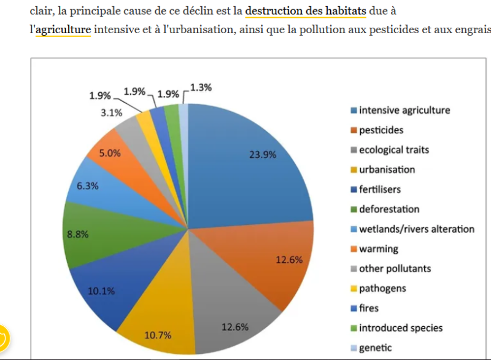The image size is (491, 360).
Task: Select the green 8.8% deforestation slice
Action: [x=92, y=233]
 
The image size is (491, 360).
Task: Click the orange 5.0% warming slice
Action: [x=110, y=154]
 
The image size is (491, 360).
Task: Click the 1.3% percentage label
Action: [x=201, y=87]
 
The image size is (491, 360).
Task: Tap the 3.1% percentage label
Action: [x=112, y=112]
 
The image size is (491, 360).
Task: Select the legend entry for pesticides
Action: [x=381, y=130]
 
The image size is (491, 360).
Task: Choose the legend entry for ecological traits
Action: [x=393, y=150]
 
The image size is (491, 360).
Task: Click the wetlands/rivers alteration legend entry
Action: [x=416, y=229]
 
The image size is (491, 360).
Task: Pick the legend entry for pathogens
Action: [x=382, y=288]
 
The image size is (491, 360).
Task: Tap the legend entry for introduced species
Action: [x=400, y=327]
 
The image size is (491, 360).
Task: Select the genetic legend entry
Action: [x=375, y=347]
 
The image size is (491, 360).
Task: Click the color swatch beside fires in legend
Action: [x=354, y=308]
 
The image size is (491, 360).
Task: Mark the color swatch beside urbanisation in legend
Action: [x=354, y=170]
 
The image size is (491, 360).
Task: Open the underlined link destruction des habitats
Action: [x=306, y=10]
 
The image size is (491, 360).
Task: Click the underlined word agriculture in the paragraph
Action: [x=63, y=29]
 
